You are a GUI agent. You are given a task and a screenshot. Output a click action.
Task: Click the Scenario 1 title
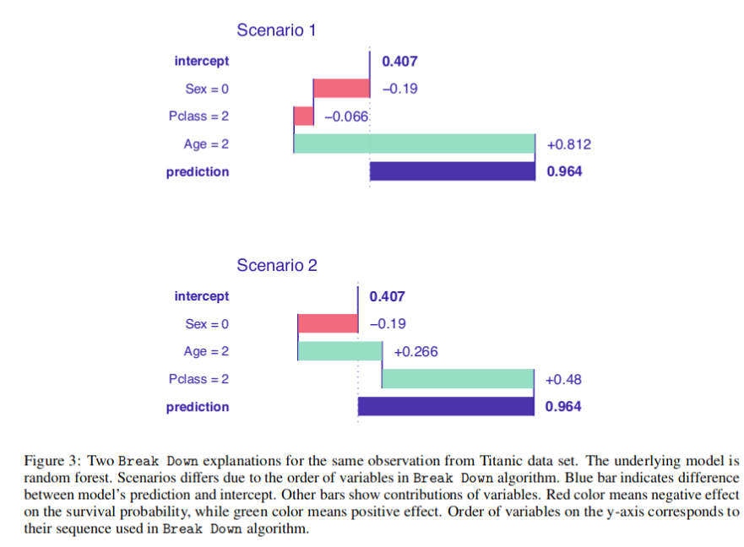pos(276,30)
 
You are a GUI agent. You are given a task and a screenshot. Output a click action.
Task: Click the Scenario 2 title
pos(276,265)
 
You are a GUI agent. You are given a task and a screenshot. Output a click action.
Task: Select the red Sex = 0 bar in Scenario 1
pos(341,89)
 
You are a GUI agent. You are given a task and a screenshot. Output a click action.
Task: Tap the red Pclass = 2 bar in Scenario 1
pos(303,116)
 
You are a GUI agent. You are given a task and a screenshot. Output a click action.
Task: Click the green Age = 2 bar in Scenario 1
pos(414,144)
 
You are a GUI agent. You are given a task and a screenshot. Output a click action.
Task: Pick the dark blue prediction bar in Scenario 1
pos(452,171)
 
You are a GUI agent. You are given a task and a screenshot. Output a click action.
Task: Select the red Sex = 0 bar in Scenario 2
pos(328,324)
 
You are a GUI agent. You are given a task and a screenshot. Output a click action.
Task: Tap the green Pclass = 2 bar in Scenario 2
pos(458,379)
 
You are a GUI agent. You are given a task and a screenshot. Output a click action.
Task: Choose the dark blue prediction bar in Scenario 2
pos(446,407)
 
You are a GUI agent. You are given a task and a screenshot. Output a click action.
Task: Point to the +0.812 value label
pos(569,144)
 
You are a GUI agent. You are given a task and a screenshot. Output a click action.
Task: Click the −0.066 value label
pos(346,116)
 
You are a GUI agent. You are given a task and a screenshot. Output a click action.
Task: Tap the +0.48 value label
pos(564,380)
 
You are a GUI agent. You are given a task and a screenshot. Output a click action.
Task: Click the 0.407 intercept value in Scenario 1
pos(399,61)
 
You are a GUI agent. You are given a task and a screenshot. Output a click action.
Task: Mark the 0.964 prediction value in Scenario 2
pos(563,407)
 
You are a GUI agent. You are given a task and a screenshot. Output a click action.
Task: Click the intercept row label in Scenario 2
pos(201,296)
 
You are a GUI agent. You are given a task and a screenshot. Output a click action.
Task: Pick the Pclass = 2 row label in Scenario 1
pos(198,116)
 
